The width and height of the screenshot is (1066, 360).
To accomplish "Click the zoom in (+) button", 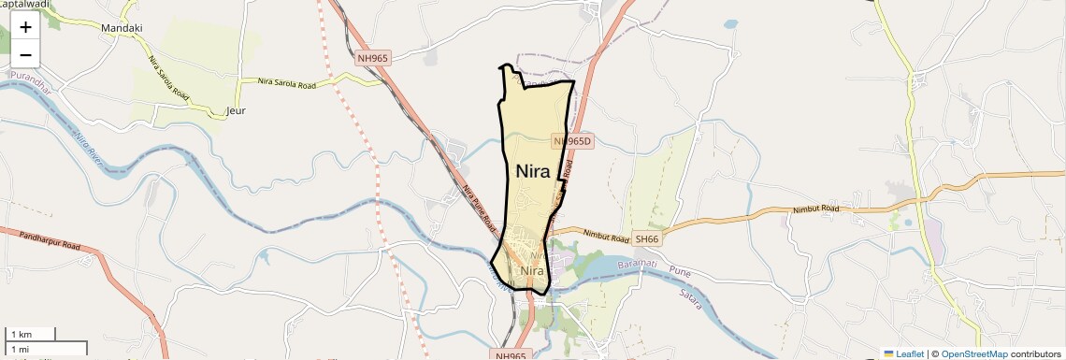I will click(25, 27).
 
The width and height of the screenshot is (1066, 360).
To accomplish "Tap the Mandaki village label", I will click(122, 28).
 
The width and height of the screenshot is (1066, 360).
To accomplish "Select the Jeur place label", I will click(236, 110).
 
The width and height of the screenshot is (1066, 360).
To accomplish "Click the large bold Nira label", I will click(533, 171).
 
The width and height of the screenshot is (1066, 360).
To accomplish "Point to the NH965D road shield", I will click(572, 141).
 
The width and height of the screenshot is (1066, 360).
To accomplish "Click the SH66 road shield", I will click(647, 239).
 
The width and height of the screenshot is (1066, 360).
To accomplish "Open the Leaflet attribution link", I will click(904, 353).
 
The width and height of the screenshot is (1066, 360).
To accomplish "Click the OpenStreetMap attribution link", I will click(974, 353).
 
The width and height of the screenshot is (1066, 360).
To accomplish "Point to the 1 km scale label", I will click(20, 335).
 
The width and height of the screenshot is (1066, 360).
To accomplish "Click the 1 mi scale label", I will click(20, 349).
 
